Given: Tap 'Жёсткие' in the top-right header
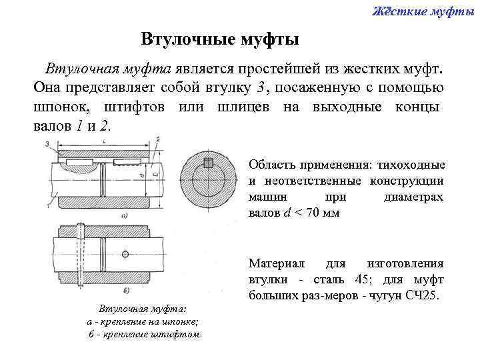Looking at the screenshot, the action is (x=391, y=10).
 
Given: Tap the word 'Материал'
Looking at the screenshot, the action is (x=275, y=263).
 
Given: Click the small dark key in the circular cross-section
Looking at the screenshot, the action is (x=208, y=162).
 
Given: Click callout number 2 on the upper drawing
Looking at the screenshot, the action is (x=157, y=139).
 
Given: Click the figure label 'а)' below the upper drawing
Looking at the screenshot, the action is (x=124, y=215).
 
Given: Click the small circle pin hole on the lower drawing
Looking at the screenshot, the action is (x=125, y=255).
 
